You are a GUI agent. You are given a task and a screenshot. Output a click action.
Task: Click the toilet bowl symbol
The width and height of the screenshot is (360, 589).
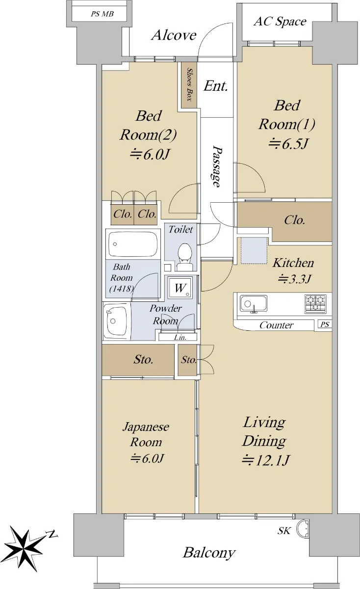(184, 257)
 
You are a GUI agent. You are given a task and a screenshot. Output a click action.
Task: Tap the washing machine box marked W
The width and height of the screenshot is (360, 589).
(180, 288)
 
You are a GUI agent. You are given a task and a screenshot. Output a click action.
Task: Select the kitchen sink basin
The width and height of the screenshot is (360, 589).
(254, 304)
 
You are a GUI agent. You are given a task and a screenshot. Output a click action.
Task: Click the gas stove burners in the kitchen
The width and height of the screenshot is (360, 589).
(315, 304)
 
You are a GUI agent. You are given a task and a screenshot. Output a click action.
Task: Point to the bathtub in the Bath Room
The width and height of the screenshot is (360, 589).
(133, 244)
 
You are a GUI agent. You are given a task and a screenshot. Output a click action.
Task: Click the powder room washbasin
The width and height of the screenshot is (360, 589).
(117, 321)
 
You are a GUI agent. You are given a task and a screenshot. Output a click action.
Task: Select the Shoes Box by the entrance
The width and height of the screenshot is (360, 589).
(189, 84)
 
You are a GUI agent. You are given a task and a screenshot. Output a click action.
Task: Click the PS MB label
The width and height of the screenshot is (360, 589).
(102, 14)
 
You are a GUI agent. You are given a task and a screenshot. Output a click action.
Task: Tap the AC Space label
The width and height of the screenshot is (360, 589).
(280, 21)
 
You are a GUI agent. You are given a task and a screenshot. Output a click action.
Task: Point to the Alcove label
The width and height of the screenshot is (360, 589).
(174, 35)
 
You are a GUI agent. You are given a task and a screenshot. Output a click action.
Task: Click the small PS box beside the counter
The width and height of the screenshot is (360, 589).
(325, 324)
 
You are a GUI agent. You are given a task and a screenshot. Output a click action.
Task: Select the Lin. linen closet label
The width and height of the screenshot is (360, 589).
(180, 337)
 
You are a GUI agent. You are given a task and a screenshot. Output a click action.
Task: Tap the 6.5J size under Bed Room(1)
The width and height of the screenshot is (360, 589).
(288, 144)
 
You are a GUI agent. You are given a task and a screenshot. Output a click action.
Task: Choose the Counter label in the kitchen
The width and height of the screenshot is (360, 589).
(276, 325)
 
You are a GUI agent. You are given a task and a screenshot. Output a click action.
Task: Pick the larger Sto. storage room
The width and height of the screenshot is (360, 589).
(138, 360)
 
